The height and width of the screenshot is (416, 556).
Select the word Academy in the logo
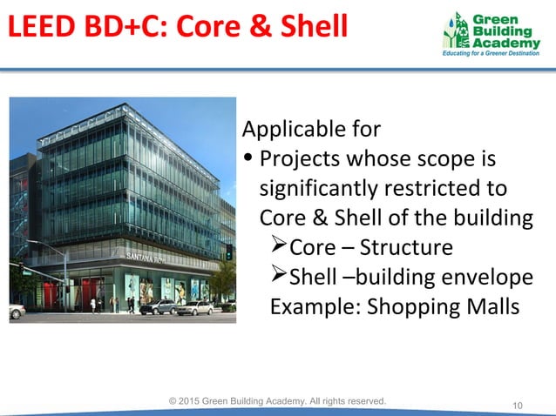506,44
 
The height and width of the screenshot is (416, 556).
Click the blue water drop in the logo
460,20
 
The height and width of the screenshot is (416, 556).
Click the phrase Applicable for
311,130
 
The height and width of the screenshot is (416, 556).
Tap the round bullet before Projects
250,160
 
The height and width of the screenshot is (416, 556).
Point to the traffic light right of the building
228,252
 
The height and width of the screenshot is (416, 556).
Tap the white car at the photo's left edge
16,311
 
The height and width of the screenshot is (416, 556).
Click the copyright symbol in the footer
174,400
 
